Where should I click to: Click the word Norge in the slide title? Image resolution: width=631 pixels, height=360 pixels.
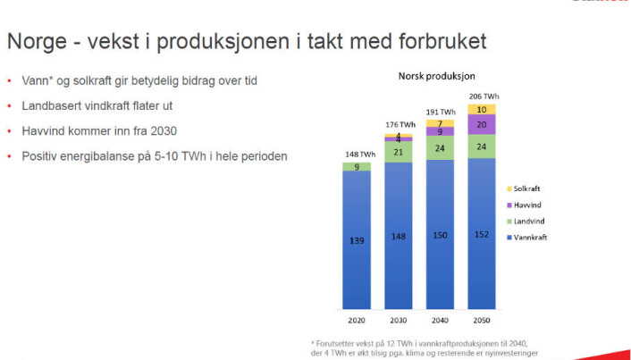point(37,41)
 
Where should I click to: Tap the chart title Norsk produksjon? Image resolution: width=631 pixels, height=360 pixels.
point(437,76)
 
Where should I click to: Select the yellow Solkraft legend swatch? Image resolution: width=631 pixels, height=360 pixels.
point(509,188)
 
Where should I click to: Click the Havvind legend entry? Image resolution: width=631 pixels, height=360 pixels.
point(524,205)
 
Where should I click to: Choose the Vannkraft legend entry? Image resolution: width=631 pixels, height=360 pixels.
point(526,238)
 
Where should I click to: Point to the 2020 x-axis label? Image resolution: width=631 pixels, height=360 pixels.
point(357,321)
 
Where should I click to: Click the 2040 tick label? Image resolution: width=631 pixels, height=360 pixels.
point(440,321)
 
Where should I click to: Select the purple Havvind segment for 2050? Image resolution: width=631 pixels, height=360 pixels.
point(482,124)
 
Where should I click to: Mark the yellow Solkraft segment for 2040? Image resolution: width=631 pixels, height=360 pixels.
point(441,123)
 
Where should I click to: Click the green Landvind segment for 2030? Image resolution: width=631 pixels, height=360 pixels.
point(399,152)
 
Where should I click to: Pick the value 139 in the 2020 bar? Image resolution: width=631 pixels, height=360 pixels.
point(357,240)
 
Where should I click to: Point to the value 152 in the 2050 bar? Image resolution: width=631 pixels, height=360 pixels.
point(482,235)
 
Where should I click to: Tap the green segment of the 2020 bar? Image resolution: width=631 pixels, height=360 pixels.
point(357,166)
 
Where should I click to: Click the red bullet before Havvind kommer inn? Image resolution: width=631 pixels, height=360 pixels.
point(9,131)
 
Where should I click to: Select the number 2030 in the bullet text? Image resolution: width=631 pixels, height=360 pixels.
point(162,131)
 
